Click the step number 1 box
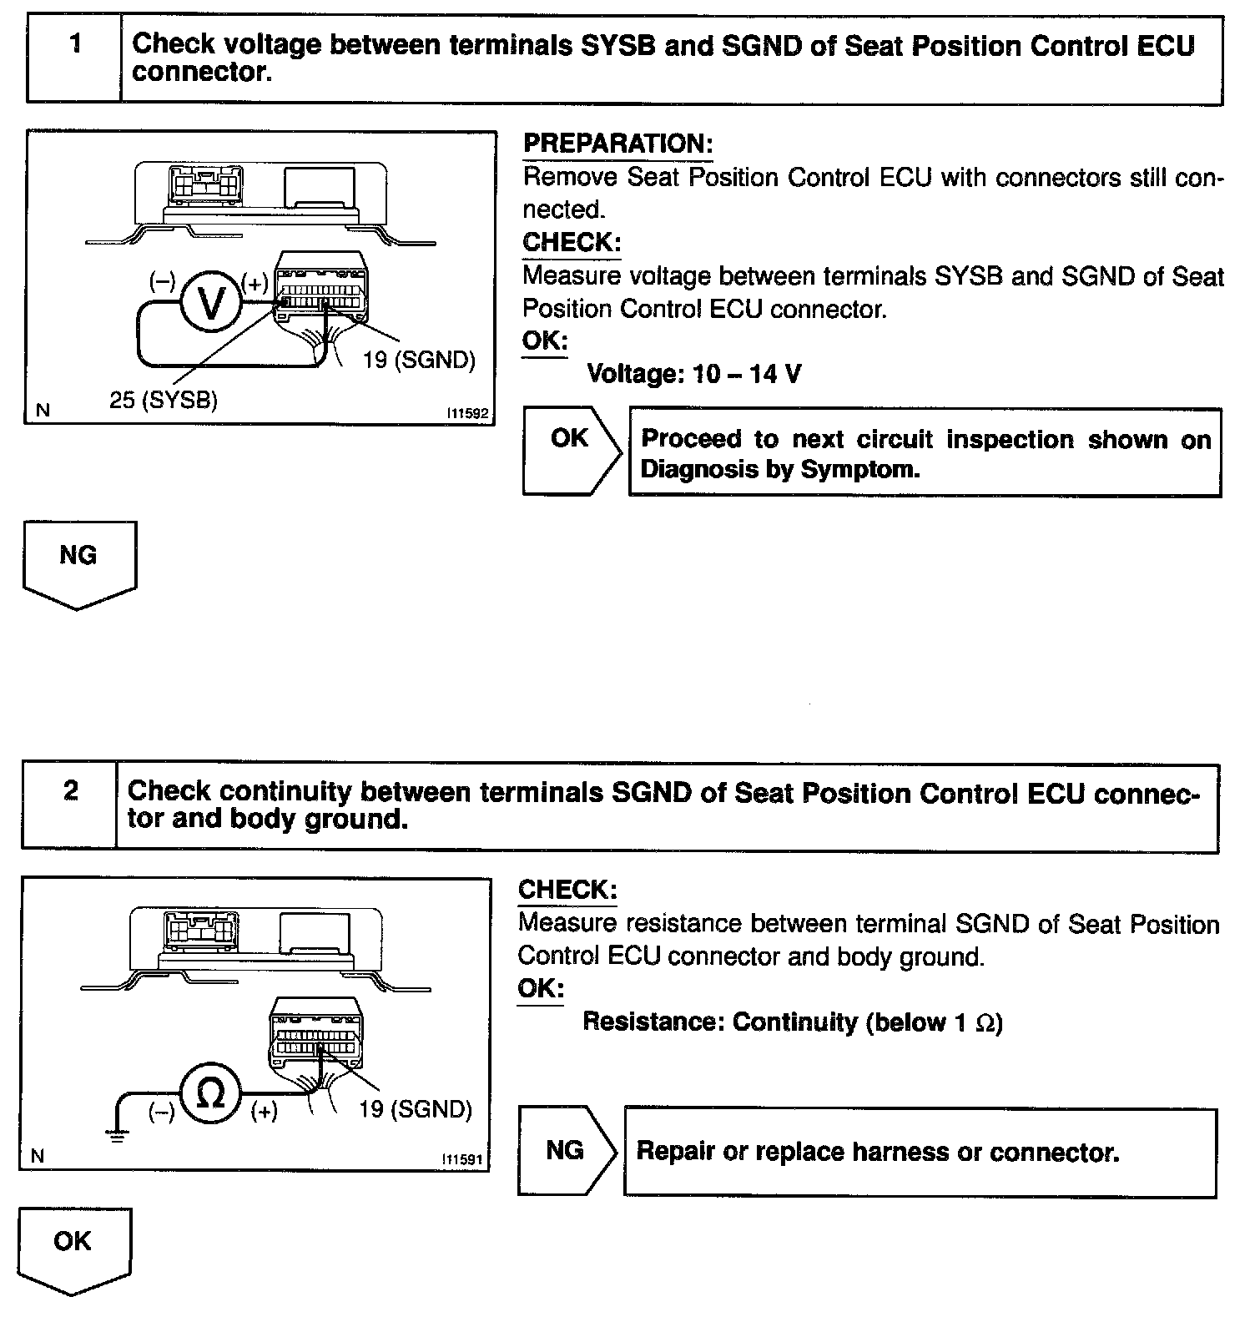75,58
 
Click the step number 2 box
70,805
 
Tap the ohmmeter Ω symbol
211,1093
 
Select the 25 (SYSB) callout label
164,401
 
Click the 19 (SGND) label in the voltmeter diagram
419,360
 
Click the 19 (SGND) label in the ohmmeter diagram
416,1109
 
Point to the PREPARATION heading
617,144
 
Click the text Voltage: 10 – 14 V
694,373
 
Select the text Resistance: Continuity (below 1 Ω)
792,1022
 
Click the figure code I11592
466,412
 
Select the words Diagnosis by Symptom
779,470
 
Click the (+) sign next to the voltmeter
255,282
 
